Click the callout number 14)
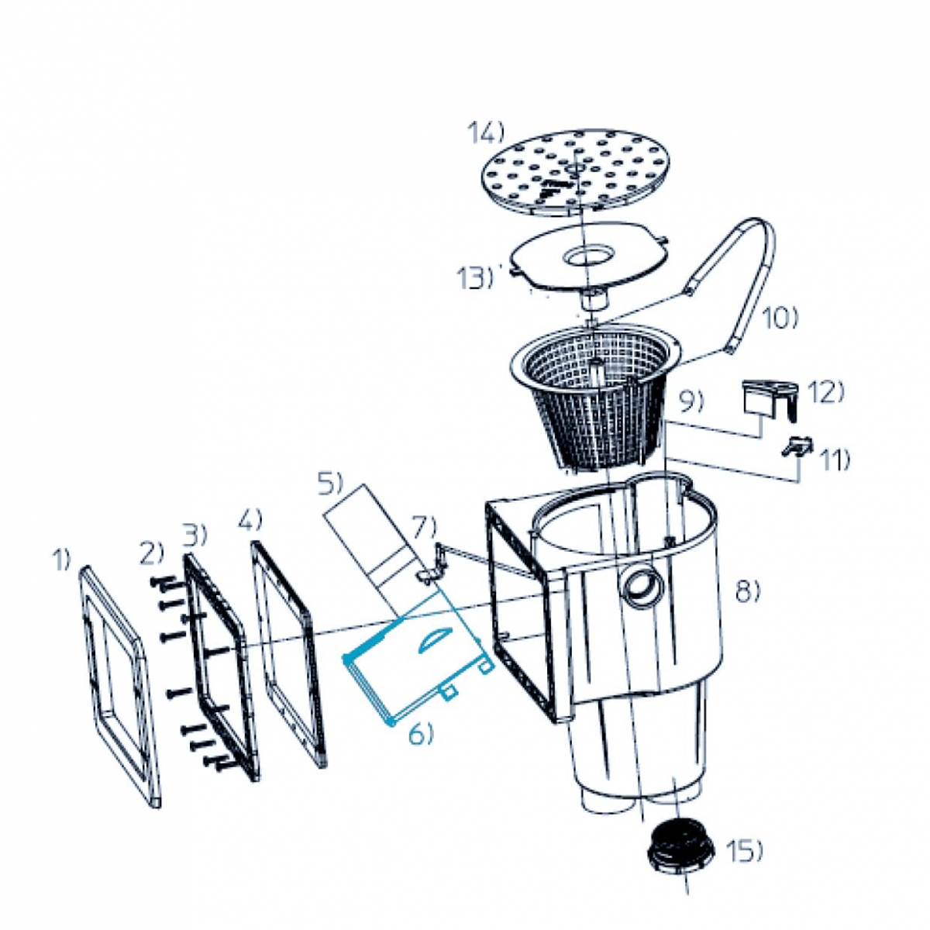tap(485, 133)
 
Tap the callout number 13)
tap(475, 277)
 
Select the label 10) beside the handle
tap(780, 319)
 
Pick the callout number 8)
tap(748, 590)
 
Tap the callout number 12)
tap(825, 392)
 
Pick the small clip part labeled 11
tap(797, 445)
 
